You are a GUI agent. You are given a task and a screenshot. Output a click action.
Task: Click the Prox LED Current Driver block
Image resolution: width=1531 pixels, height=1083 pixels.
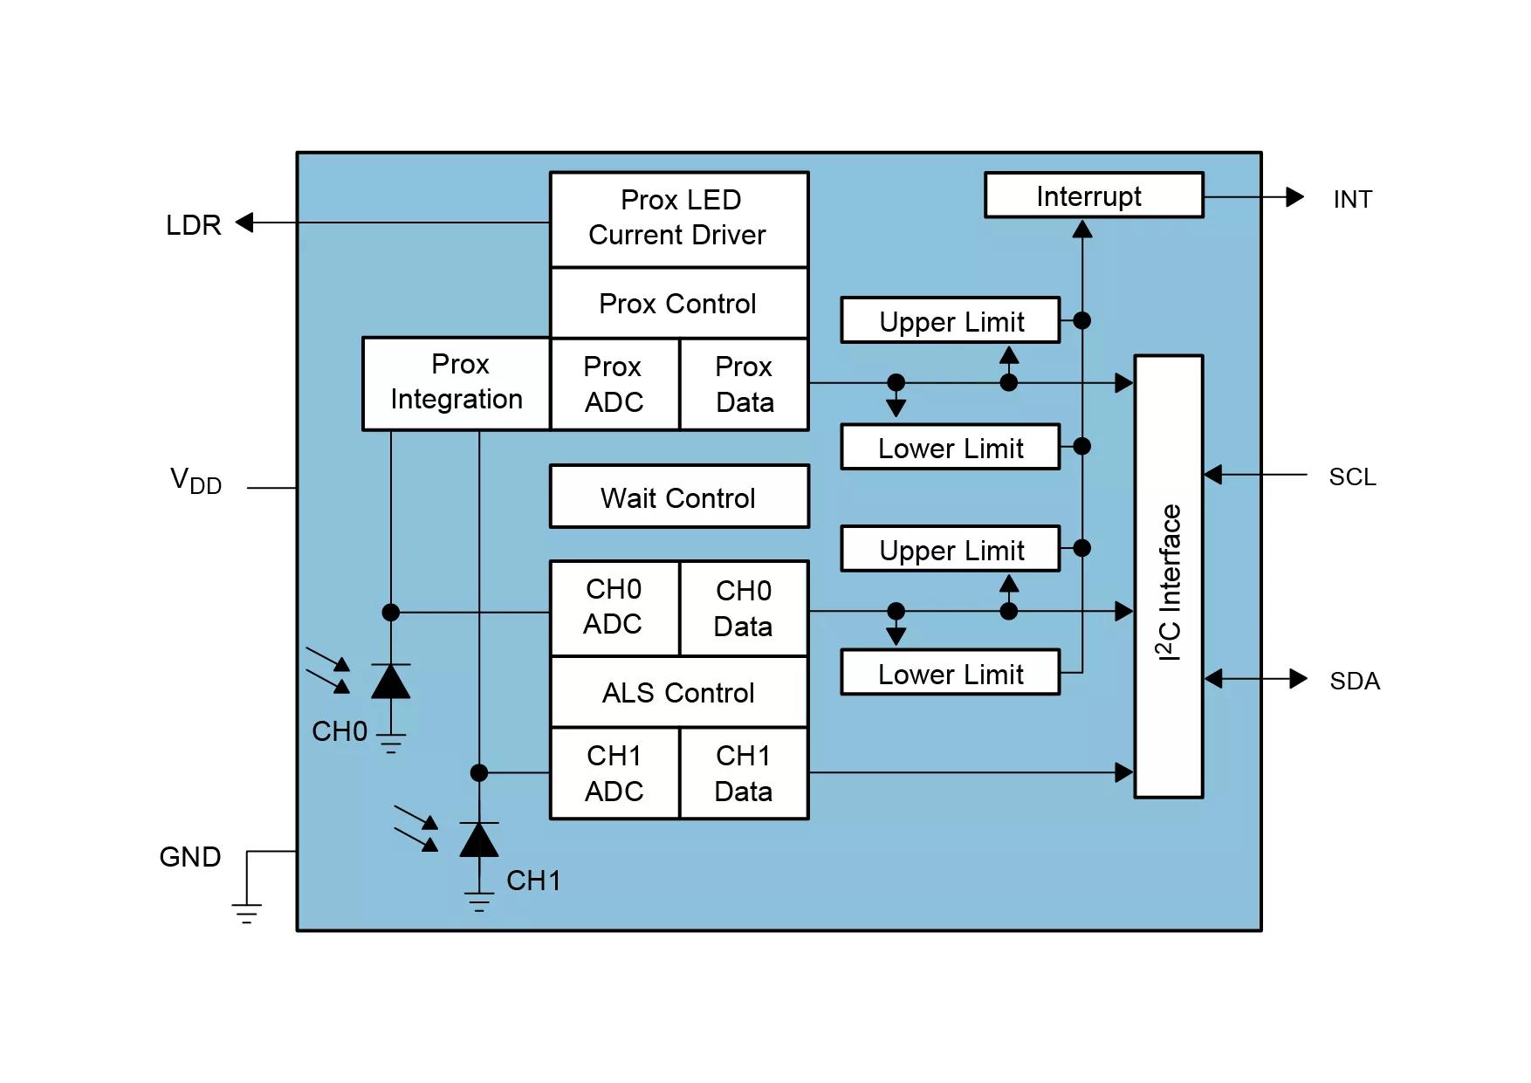tap(679, 218)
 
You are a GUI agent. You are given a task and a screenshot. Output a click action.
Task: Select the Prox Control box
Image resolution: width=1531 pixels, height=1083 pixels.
tap(679, 303)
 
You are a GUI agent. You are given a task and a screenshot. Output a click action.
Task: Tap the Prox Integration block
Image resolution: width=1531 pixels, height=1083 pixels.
tap(457, 383)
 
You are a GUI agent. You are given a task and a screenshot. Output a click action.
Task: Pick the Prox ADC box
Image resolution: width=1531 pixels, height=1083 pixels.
tap(614, 384)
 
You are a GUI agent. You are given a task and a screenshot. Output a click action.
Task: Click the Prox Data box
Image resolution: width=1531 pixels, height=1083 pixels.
tap(744, 384)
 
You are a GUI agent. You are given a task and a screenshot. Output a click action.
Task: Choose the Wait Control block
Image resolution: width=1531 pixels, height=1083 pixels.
tap(679, 497)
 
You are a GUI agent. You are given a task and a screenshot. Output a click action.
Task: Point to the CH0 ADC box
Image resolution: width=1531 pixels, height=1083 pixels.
tap(614, 607)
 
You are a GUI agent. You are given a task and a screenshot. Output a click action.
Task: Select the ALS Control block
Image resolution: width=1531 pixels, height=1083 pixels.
tap(679, 692)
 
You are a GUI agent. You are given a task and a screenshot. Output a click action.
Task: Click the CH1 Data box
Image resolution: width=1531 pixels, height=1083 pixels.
tap(744, 773)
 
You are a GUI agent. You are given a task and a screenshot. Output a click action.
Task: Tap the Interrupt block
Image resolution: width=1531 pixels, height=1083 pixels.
tap(1094, 195)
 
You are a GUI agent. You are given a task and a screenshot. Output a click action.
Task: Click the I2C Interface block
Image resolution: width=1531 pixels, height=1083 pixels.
tap(1169, 577)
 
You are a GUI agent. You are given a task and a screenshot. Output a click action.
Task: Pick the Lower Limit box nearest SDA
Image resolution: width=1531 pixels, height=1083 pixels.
tap(951, 673)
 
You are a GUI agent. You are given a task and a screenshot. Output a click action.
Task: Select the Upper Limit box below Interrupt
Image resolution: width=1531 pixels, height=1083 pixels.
tap(951, 320)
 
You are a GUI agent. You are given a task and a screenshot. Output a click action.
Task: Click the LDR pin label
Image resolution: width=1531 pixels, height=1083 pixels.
tap(193, 225)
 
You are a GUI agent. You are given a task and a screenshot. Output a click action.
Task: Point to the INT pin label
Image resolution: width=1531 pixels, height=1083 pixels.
tap(1352, 200)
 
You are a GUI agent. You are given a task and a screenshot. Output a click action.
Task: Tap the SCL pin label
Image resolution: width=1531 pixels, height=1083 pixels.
tap(1352, 477)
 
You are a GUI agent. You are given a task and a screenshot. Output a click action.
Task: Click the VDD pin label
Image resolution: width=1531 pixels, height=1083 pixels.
tap(196, 481)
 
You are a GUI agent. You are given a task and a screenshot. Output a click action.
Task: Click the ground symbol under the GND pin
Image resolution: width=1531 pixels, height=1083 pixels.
tap(247, 914)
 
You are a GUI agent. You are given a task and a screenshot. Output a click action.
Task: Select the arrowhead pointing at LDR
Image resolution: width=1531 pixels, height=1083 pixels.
tap(245, 223)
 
